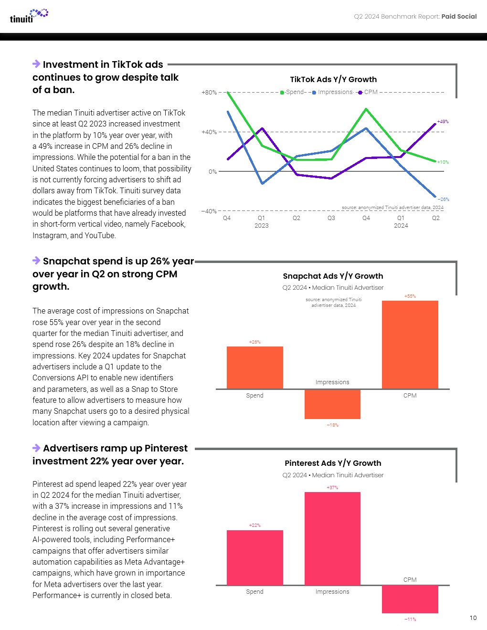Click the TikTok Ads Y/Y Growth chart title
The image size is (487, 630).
coord(333,80)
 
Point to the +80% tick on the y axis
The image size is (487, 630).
coord(209,93)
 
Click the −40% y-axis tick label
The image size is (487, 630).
coord(209,211)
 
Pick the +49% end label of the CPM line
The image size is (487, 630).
coord(443,122)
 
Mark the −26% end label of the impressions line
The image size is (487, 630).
coord(444,199)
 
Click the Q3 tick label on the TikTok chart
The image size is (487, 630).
coord(331,218)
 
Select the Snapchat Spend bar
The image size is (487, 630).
coord(255,367)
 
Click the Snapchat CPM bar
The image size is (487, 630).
coord(410,345)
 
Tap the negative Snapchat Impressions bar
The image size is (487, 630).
coord(332,404)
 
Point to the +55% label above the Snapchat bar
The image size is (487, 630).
coord(410,296)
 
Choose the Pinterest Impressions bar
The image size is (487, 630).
coord(332,538)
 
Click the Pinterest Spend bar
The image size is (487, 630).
coord(255,557)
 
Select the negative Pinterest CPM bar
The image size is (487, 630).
coord(410,599)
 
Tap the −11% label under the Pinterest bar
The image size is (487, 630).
coord(410,619)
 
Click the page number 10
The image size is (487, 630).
coord(473,618)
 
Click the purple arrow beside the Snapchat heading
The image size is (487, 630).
coord(36,261)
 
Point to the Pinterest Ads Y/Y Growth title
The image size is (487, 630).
coord(333,463)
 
